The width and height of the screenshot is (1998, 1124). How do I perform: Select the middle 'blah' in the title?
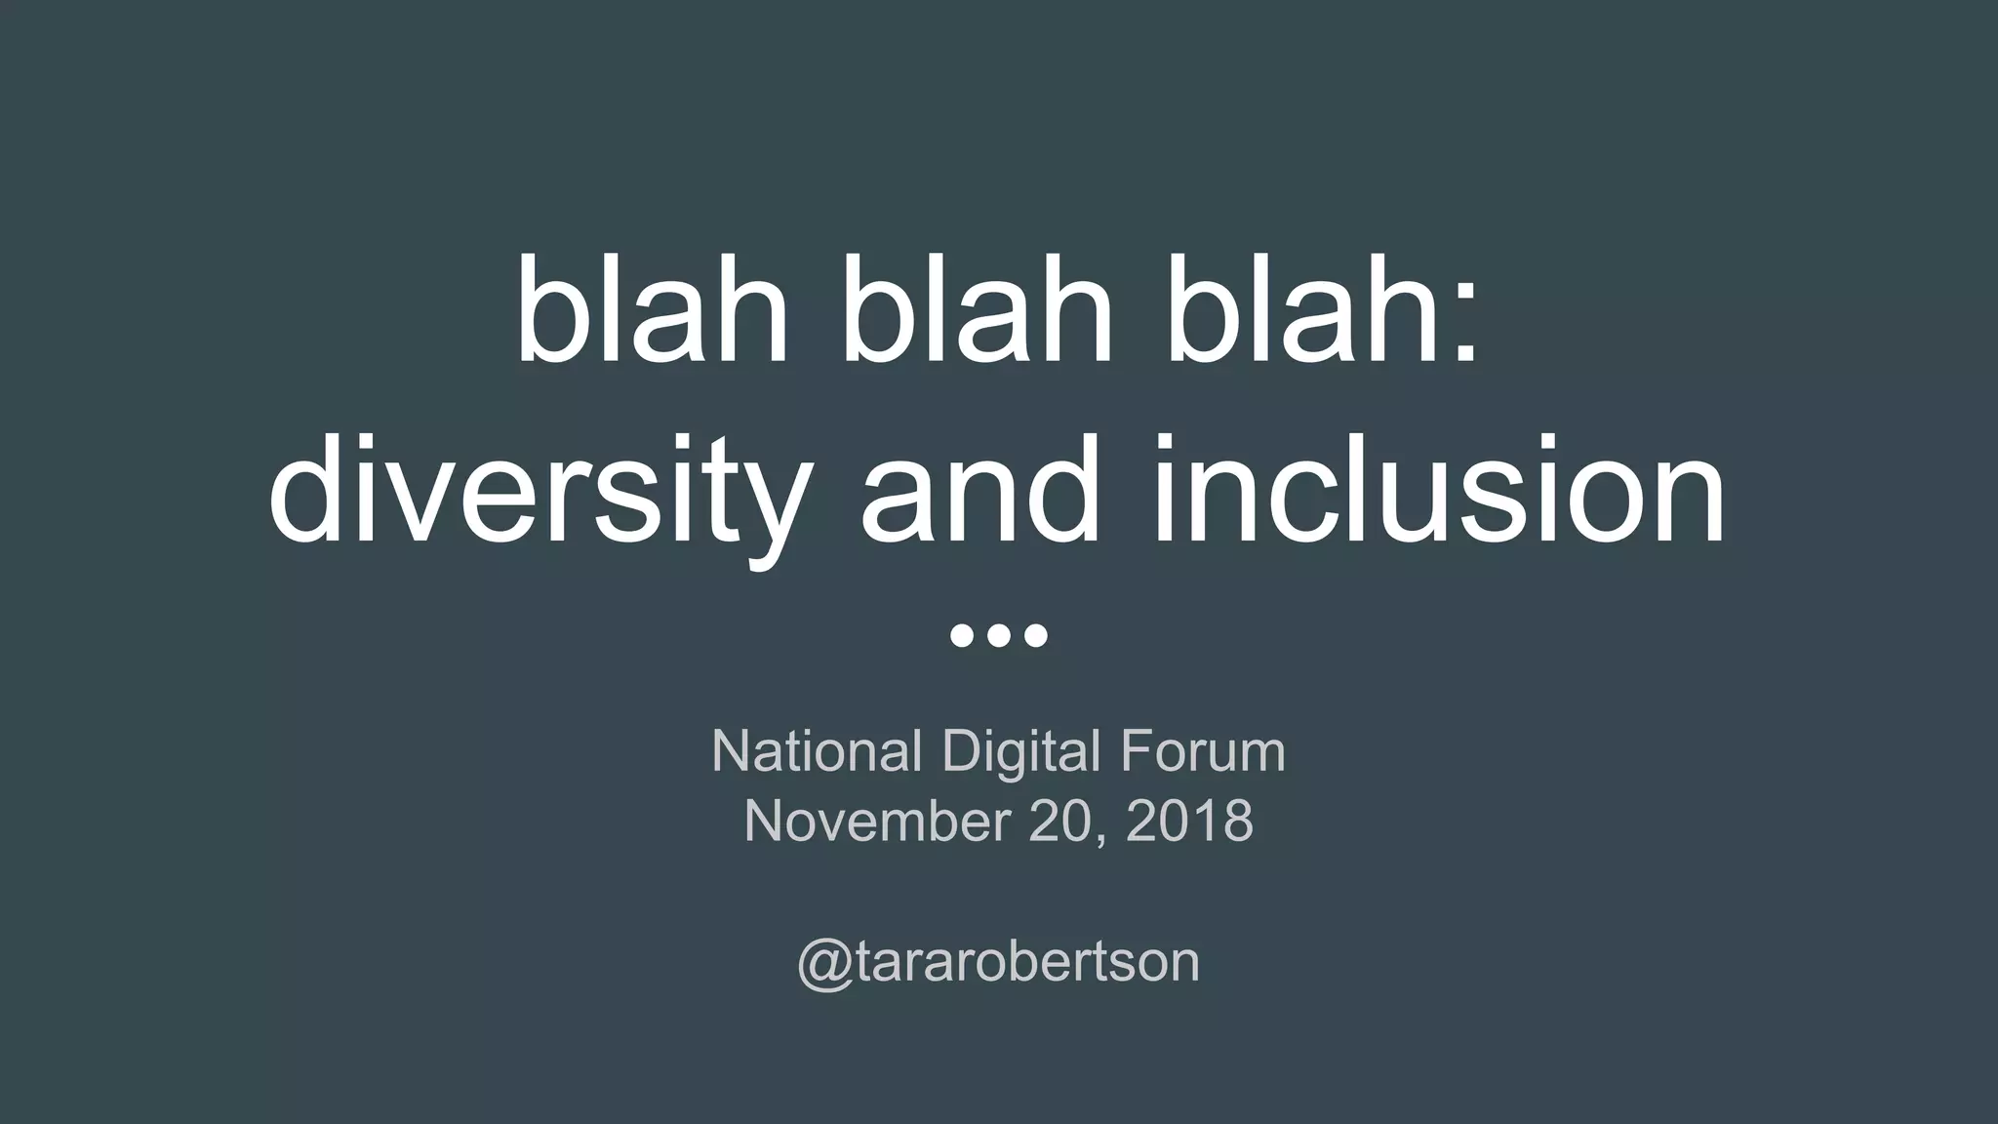[x=978, y=309]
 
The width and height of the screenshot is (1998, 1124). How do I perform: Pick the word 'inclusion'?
[x=1440, y=488]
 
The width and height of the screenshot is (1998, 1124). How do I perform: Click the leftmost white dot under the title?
[x=961, y=636]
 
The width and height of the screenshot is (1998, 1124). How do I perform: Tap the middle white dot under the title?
[x=999, y=636]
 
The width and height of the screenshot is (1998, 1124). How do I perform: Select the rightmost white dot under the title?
[x=1036, y=636]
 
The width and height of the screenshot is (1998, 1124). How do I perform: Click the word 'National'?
[x=817, y=751]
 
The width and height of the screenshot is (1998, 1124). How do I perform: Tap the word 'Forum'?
[x=1202, y=751]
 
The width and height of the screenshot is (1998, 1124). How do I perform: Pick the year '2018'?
[x=1189, y=821]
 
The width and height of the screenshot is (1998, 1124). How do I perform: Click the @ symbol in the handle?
[x=823, y=963]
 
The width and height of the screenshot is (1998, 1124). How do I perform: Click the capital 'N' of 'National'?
[x=730, y=751]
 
